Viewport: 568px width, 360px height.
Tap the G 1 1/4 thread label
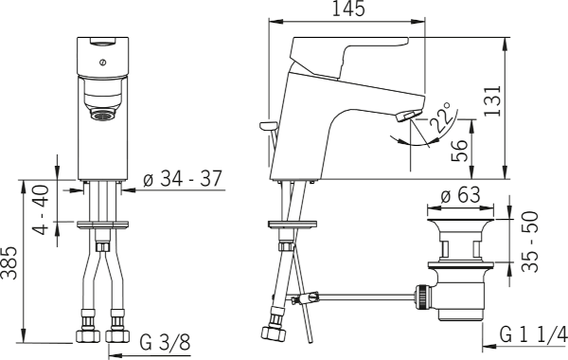tap(533, 335)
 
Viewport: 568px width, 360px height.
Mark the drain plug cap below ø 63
tap(456, 229)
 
